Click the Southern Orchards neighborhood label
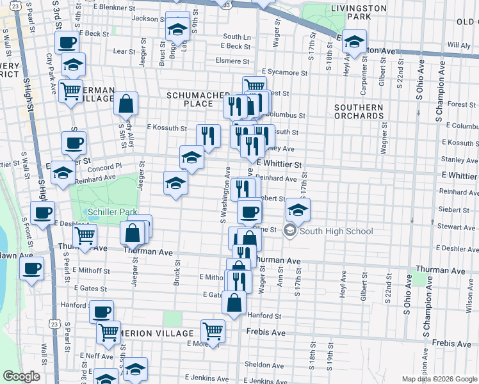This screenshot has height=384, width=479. tap(359, 112)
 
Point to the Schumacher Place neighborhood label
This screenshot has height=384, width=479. tap(190, 99)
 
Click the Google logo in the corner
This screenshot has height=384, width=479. tap(21, 376)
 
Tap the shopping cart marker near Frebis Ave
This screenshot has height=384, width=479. tap(213, 330)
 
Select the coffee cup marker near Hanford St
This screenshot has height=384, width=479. tap(101, 312)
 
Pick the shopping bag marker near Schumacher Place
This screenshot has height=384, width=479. tap(127, 102)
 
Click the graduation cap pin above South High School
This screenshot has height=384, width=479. tap(298, 209)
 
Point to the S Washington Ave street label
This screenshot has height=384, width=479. tap(226, 195)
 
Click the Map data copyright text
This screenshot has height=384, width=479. tap(440, 379)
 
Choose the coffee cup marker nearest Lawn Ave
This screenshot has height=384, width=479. tap(31, 269)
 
